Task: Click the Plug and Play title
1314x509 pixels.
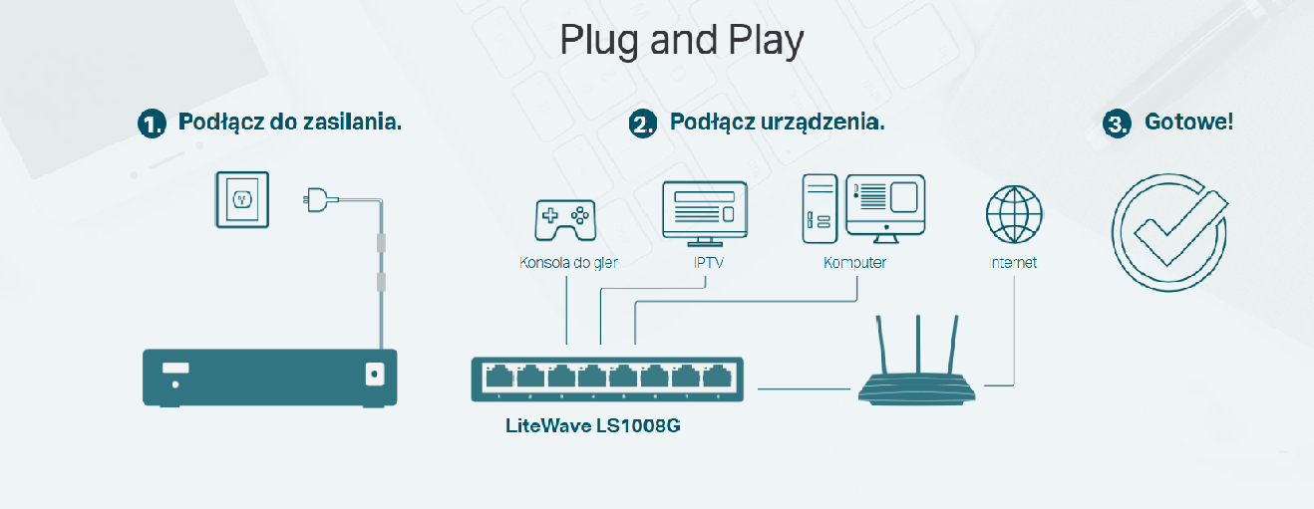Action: click(681, 40)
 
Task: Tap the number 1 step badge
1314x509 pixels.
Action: click(151, 124)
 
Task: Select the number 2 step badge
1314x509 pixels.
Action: click(643, 124)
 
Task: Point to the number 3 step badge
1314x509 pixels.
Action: click(1117, 124)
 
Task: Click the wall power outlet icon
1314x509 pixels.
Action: click(241, 199)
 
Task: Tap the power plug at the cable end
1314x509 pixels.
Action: click(317, 200)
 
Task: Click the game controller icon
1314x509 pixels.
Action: click(564, 217)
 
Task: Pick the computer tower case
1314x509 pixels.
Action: click(818, 209)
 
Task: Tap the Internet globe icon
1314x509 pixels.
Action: click(1013, 214)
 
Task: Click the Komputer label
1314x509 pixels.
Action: click(854, 263)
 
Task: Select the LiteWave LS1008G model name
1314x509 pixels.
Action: click(593, 426)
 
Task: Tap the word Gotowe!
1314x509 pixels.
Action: click(1188, 123)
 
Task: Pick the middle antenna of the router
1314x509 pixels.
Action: click(918, 344)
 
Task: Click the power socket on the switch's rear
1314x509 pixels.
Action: click(375, 374)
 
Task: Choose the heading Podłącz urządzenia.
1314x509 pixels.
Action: click(777, 123)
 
